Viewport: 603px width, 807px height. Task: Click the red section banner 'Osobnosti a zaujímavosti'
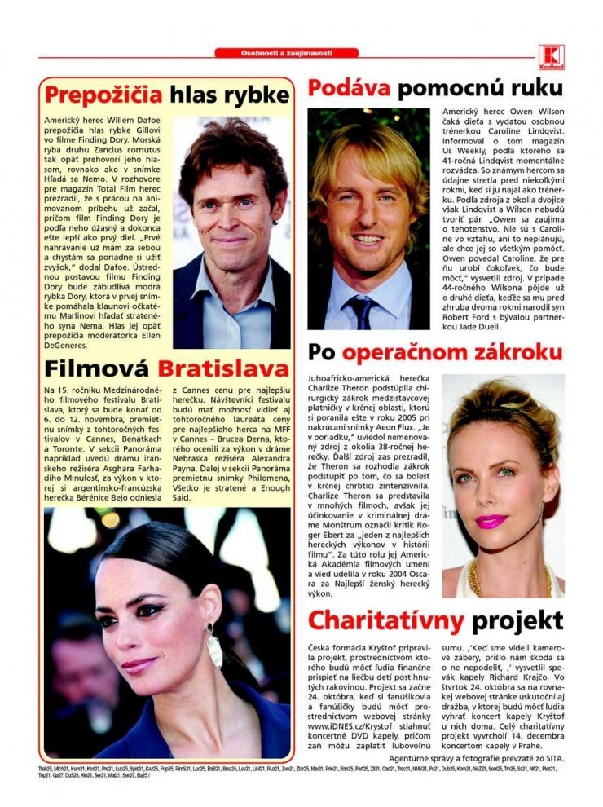click(x=287, y=53)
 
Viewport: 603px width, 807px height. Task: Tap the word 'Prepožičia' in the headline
click(x=103, y=95)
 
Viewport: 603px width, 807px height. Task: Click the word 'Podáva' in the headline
click(x=348, y=88)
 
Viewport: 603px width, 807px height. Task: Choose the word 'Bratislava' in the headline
click(x=223, y=368)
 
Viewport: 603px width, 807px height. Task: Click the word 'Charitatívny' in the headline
click(x=385, y=620)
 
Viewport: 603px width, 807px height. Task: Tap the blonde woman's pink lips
click(x=491, y=521)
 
